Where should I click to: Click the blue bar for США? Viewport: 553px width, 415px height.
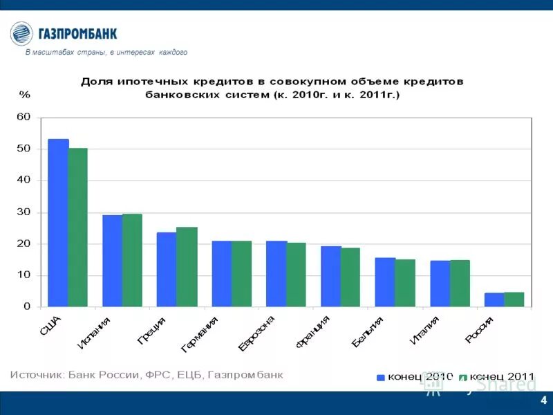coord(58,223)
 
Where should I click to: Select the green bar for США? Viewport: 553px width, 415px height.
coord(78,228)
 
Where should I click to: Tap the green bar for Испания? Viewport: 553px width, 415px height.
coord(132,260)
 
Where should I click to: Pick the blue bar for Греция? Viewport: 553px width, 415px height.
coord(167,269)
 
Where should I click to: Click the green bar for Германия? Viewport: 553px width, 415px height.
coord(241,274)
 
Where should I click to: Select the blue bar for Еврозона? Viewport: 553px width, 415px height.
coord(276,274)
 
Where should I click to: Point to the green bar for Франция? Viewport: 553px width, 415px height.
coord(350,277)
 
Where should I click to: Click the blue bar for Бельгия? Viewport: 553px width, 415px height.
coord(385,282)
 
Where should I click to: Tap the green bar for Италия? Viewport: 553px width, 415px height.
coord(460,284)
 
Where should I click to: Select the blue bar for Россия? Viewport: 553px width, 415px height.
coord(494,299)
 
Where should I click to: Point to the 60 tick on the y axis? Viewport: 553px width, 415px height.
coord(24,117)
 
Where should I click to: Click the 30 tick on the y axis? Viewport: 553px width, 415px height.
coord(24,212)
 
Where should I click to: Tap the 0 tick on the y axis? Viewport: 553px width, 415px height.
coord(27,306)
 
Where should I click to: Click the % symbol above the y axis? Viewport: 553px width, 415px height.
coord(24,94)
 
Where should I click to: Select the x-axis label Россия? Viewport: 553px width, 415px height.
coord(480,329)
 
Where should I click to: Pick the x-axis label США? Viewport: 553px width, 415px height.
coord(52,326)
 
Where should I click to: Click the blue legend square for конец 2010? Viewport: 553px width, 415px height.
coord(380,378)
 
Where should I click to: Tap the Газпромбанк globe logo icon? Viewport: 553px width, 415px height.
coord(21,33)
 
